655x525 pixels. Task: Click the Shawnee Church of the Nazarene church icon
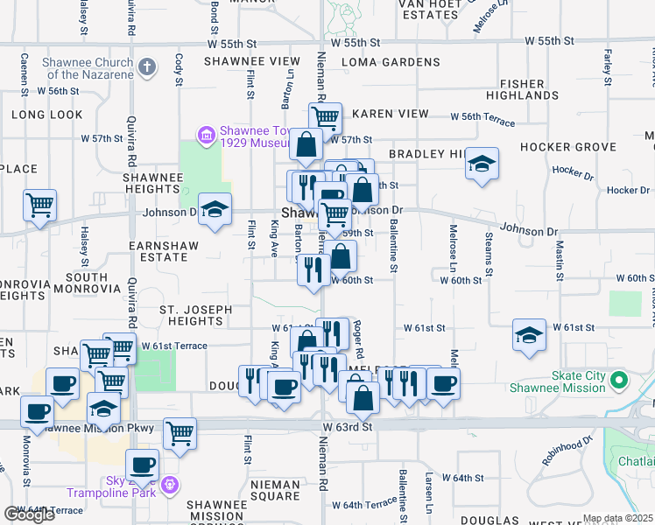tap(147, 66)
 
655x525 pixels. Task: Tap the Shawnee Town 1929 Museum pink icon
tap(207, 135)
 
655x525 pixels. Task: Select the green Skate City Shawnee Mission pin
tap(619, 381)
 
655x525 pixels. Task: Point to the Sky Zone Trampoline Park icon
tap(169, 485)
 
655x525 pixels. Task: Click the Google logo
tap(29, 514)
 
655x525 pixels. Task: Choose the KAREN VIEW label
tap(391, 114)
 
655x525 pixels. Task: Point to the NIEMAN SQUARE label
tap(262, 496)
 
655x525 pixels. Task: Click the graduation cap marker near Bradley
tap(482, 164)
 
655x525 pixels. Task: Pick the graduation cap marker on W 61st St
tap(529, 336)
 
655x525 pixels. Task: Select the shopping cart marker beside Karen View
tap(325, 117)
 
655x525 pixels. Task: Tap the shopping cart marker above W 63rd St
tap(180, 432)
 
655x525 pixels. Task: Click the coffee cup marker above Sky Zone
tap(143, 465)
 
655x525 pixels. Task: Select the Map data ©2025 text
tap(617, 518)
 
